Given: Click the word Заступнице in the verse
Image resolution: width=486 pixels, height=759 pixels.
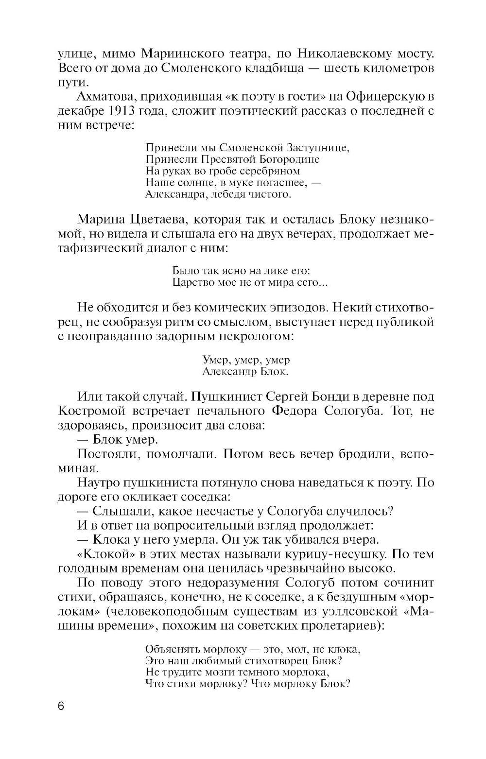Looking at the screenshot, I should (x=318, y=147).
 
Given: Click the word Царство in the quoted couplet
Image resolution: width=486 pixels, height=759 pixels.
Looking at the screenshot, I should (x=191, y=282).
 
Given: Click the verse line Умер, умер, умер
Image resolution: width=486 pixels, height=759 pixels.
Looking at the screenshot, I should (x=246, y=360).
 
